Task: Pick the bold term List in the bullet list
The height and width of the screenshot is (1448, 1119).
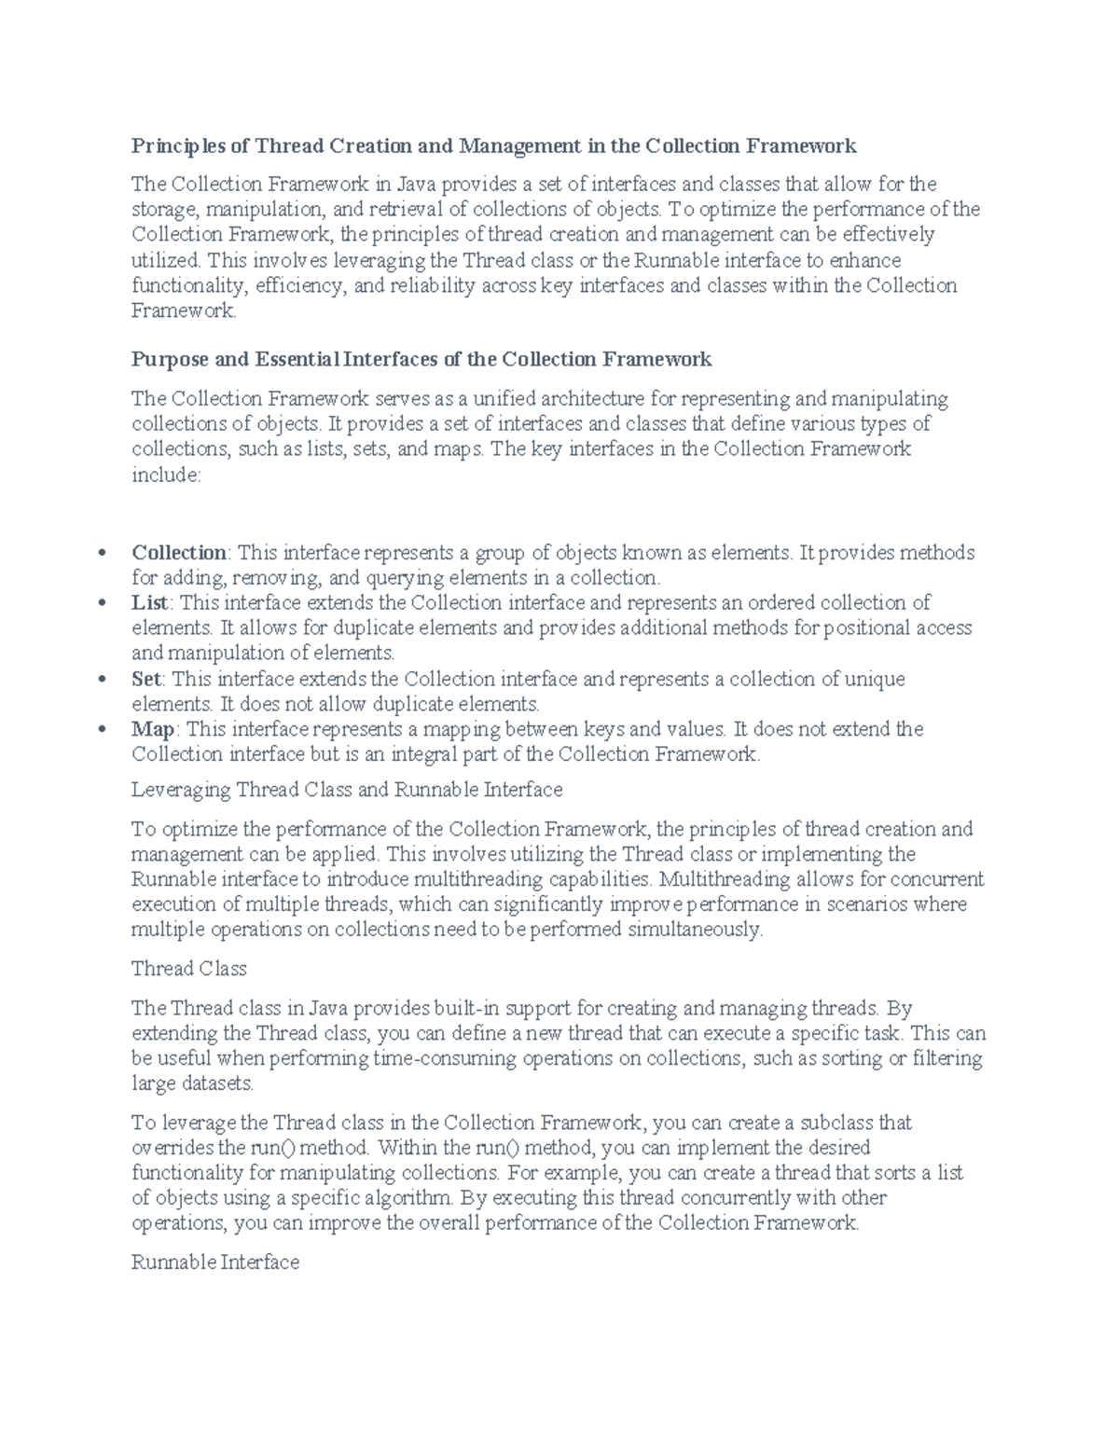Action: (x=149, y=603)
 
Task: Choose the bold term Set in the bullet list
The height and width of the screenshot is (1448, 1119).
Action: (x=147, y=679)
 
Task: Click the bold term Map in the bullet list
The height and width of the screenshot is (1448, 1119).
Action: (x=152, y=729)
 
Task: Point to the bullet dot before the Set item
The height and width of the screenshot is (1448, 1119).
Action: (x=102, y=680)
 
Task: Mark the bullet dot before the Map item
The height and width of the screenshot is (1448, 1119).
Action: (x=102, y=730)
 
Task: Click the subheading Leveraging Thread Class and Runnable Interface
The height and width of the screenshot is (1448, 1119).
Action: (x=347, y=790)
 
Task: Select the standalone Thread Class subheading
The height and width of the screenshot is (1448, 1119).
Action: (x=189, y=969)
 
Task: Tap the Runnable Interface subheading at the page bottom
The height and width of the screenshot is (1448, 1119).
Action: (x=215, y=1262)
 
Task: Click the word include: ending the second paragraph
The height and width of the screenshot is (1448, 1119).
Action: (x=166, y=476)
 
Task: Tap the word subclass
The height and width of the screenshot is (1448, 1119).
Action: (x=838, y=1123)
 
